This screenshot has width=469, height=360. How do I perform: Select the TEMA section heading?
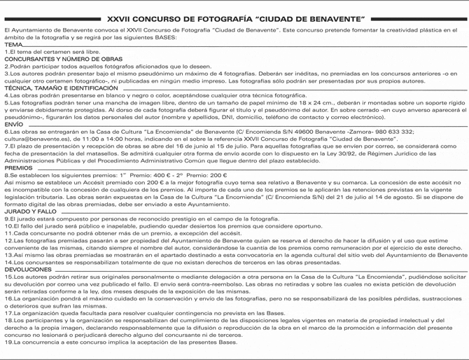coord(13,44)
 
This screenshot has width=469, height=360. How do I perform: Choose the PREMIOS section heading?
coord(18,168)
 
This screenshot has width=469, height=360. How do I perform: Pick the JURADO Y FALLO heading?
coord(30,211)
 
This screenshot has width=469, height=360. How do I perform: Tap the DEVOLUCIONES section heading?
coord(27,269)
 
